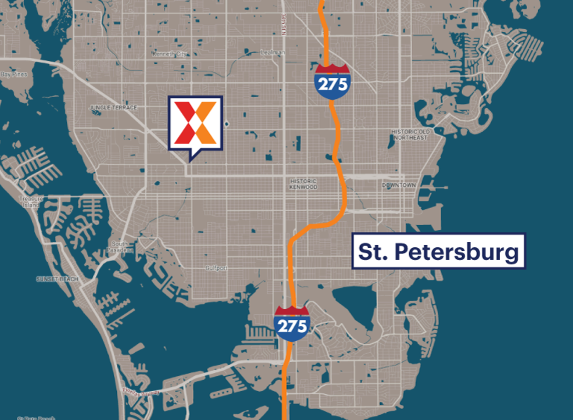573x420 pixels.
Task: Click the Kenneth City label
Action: [169, 54]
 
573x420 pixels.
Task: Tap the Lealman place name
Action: [273, 53]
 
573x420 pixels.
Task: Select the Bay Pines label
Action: [14, 74]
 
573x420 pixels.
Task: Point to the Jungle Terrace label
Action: [113, 107]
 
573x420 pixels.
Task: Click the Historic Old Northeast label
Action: [410, 135]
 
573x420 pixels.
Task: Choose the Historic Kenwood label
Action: [303, 184]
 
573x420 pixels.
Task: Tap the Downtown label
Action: [399, 185]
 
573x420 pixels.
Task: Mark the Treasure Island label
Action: [31, 202]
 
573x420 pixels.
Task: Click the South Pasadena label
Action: [119, 247]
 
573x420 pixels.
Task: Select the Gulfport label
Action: [216, 268]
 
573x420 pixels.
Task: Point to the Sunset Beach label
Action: [57, 279]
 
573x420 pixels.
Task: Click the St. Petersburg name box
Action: [438, 251]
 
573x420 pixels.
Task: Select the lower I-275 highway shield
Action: [292, 324]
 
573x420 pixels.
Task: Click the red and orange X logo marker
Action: [196, 122]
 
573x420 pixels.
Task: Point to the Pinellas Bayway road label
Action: [141, 392]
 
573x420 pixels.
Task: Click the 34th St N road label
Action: [284, 25]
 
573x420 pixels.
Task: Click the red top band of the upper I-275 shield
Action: [332, 69]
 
